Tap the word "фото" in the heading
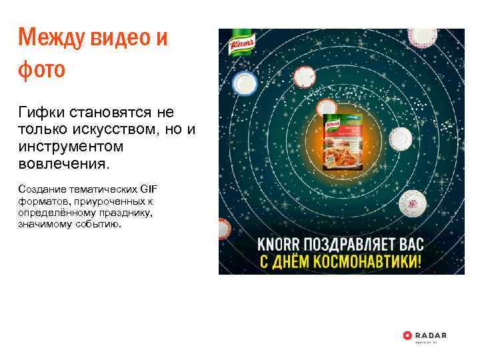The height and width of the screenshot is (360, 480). point(41,69)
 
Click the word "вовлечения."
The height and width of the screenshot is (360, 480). point(62,163)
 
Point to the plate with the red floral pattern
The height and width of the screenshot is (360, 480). point(413,199)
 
